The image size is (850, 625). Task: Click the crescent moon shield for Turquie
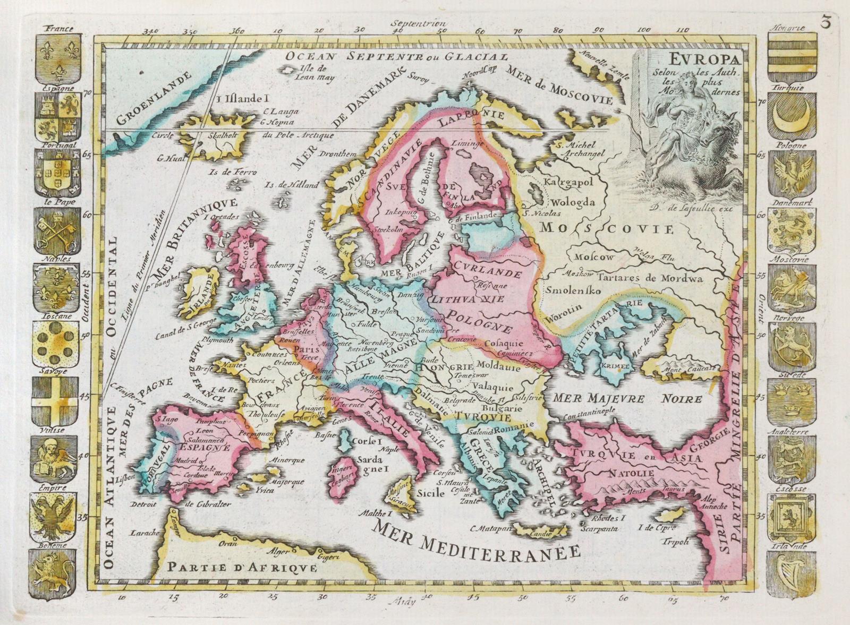tap(792, 117)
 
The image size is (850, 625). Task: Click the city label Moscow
tap(594, 256)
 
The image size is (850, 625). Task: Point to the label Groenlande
tap(154, 99)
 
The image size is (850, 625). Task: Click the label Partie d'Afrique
tap(242, 567)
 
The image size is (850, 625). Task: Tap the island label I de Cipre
tap(657, 527)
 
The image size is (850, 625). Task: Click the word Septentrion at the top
tap(418, 24)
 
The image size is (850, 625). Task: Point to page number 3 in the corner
tap(826, 22)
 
